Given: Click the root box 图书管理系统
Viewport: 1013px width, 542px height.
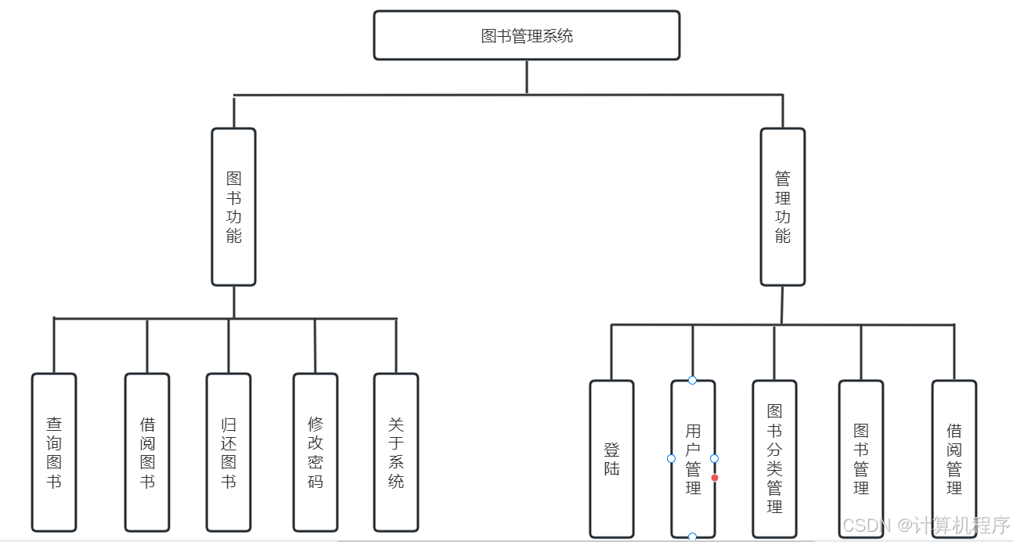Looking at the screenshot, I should click(526, 35).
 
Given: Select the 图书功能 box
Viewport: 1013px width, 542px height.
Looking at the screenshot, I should click(233, 207).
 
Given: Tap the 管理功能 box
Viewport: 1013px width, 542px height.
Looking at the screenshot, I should click(782, 207).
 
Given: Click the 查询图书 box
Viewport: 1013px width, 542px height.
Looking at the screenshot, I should click(54, 452).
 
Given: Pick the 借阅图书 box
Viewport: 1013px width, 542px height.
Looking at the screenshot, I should click(147, 452).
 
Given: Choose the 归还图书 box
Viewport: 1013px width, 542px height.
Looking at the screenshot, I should click(229, 452).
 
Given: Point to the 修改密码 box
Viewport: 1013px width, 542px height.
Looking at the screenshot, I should click(315, 452).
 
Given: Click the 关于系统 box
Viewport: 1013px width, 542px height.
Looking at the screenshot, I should click(396, 452).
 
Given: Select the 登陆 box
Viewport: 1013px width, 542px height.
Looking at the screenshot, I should click(611, 459).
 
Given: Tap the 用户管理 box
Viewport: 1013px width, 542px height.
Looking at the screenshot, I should click(693, 459).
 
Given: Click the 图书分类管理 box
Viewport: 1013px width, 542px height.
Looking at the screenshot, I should click(774, 459).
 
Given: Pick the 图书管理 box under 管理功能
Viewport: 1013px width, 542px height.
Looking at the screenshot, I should click(861, 459).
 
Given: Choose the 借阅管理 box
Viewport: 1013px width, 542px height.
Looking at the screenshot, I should click(954, 459).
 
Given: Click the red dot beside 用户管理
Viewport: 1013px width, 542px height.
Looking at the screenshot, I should click(715, 477).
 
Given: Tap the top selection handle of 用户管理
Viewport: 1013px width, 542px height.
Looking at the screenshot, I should click(692, 380).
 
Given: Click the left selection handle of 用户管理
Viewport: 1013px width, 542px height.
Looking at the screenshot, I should click(671, 458).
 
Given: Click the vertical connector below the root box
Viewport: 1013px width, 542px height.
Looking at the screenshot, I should click(527, 77).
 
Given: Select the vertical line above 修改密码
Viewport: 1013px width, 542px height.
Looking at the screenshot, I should click(315, 345).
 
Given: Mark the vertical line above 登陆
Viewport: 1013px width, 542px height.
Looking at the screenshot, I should click(611, 352).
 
